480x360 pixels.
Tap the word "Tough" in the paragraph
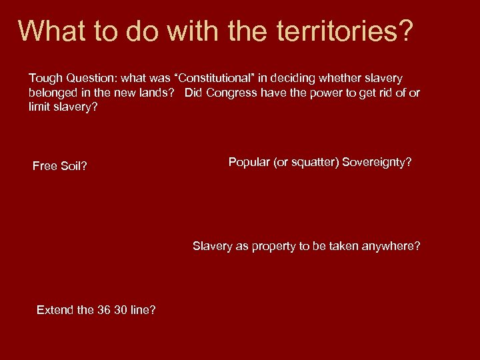(45, 79)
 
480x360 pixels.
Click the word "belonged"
(53, 93)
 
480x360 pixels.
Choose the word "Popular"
(249, 162)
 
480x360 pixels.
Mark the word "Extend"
(57, 309)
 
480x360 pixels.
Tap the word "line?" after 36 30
(143, 309)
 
